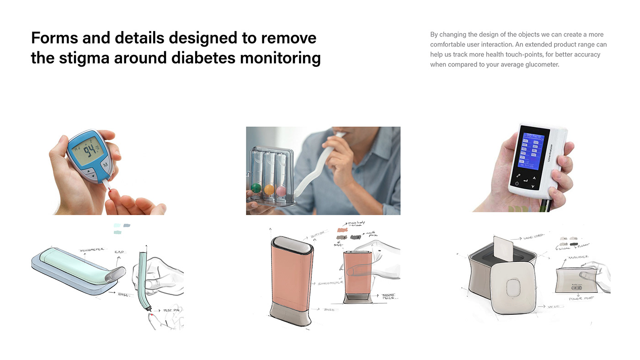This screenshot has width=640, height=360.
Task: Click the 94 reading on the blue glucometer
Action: (x=89, y=150)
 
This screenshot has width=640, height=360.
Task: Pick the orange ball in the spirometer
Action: (x=269, y=189)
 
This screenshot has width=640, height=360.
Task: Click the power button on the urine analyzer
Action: (x=517, y=183)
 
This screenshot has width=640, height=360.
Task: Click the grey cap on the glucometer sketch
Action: (x=115, y=274)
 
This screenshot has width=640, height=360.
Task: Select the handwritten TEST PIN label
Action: (x=172, y=310)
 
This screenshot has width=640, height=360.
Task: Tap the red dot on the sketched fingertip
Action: (x=151, y=314)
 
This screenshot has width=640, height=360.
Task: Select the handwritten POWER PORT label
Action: (x=581, y=299)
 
